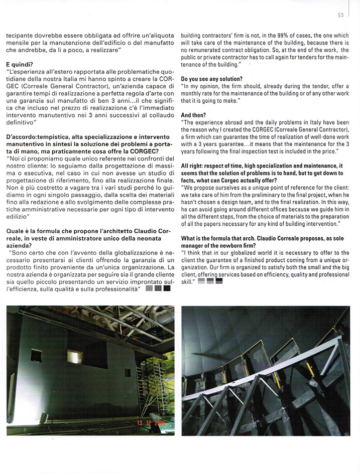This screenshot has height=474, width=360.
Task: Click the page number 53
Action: [x=340, y=15]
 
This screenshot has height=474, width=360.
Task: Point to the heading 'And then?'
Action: [x=193, y=115]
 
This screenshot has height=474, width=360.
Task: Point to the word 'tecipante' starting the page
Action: [x=20, y=36]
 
